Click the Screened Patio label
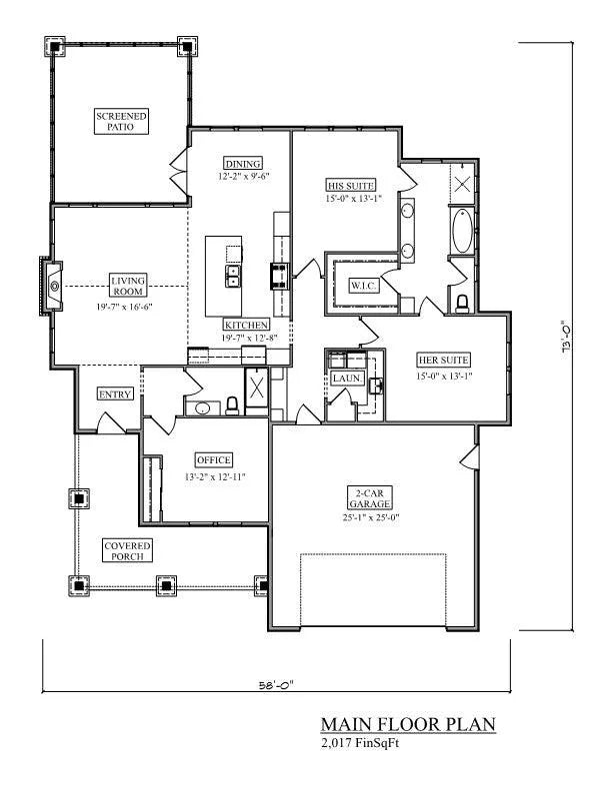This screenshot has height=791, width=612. tap(122, 122)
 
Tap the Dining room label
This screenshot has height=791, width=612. tap(243, 164)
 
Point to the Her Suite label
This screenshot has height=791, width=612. tap(443, 360)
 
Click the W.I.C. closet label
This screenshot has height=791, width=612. tap(362, 286)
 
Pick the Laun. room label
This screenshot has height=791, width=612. tap(347, 379)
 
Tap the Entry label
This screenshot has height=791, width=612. tap(115, 395)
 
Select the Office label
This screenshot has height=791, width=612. tap(214, 459)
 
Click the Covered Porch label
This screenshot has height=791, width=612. tap(128, 550)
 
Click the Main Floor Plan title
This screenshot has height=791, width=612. tap(408, 724)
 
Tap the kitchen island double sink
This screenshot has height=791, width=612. tap(233, 275)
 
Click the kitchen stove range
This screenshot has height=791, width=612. tap(278, 274)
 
